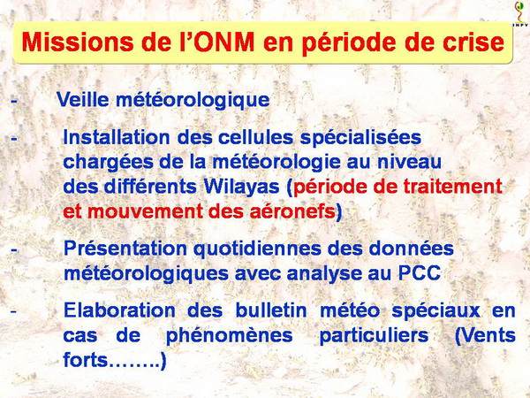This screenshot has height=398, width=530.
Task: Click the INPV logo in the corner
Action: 520,14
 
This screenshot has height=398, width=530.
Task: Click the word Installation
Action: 117,137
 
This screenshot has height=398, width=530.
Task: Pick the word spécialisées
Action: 360,138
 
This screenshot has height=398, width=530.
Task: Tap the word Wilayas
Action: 241,188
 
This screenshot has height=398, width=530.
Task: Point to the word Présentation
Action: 125,249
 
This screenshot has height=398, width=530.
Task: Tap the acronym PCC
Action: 420,273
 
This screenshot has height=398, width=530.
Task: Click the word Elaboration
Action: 119,310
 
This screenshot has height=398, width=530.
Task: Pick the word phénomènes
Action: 229,336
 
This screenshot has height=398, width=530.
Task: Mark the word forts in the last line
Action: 85,360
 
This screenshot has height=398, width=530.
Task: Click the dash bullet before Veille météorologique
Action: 14,101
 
